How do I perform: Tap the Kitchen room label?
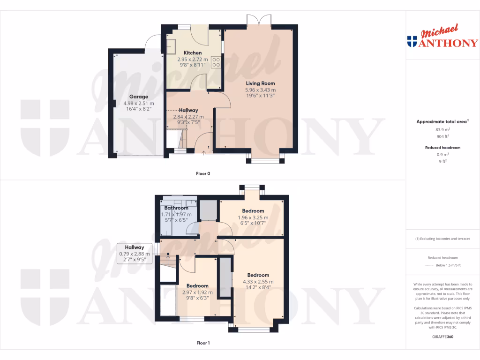pos(193,53)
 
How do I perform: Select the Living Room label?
pos(260,83)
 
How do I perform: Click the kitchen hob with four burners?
pos(216,62)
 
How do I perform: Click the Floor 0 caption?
pos(203,173)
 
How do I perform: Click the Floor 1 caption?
pos(203,343)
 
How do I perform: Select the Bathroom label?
pos(176,208)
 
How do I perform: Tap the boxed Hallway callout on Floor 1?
pos(134,254)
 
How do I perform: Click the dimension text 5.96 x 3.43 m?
pos(260,90)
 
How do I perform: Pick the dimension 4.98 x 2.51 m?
pos(139,104)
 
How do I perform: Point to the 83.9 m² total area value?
pos(442,130)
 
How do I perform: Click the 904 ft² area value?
pos(442,137)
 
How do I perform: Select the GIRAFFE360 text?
pos(442,337)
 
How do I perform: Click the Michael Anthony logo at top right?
pos(442,37)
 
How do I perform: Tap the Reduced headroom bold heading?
pos(442,148)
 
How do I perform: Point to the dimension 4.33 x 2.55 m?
pos(258,282)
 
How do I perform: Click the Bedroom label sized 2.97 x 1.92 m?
pos(197,285)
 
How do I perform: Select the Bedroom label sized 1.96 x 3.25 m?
pos(253,211)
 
